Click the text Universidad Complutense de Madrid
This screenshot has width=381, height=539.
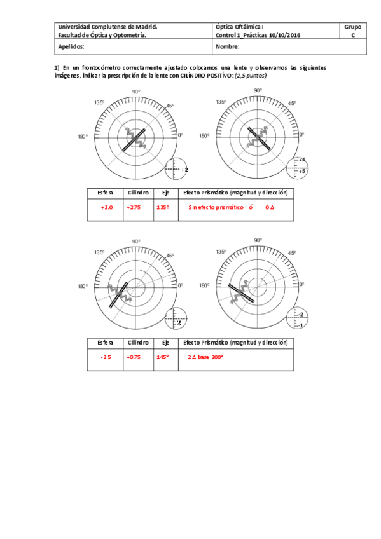107,27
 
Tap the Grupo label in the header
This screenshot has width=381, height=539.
352,27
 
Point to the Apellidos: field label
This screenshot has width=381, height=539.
71,47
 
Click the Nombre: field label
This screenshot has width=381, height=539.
228,47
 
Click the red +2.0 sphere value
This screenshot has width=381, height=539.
106,207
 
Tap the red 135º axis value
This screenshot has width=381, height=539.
163,207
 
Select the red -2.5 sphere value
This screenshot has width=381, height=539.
106,357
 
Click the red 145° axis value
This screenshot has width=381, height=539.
163,357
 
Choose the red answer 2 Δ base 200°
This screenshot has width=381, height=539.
205,357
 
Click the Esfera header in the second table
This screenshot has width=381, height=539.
106,342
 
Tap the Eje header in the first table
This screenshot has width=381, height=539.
165,192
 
